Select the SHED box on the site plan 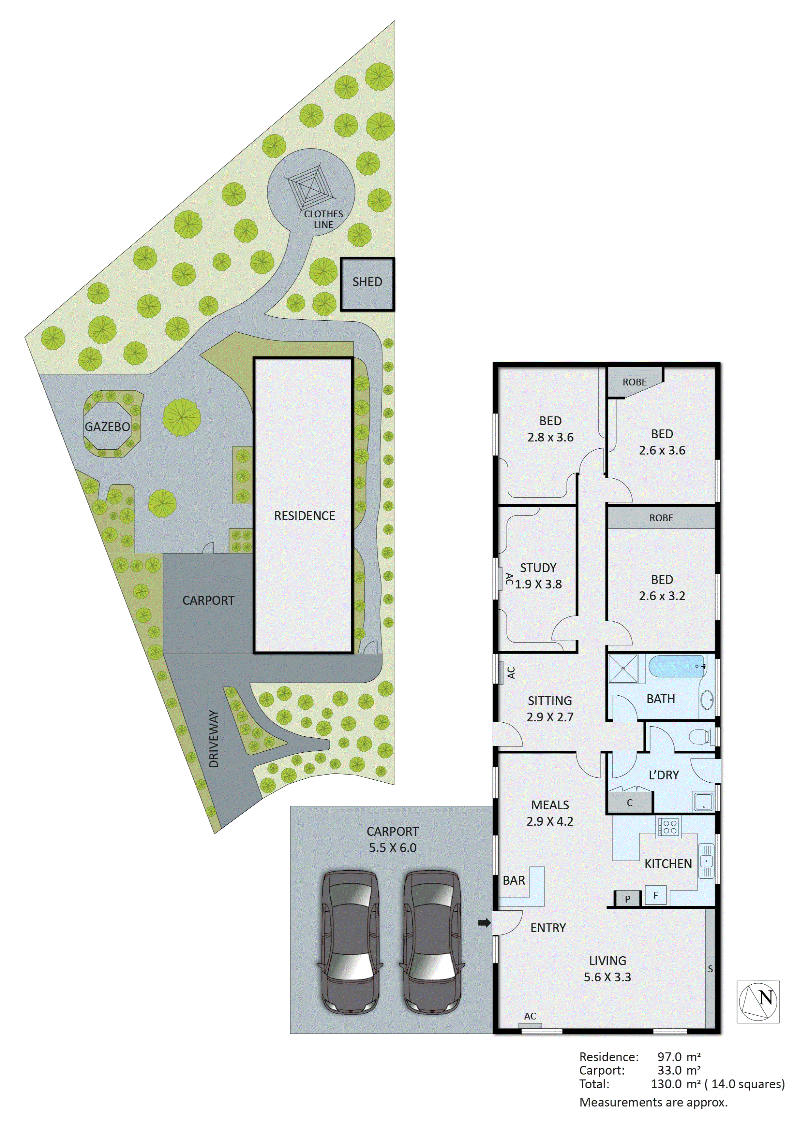(x=367, y=284)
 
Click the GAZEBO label (x=107, y=427)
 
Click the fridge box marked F (x=655, y=895)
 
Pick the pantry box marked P (x=627, y=899)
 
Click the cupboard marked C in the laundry (x=630, y=803)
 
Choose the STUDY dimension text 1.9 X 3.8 (x=538, y=585)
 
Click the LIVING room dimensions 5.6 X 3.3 (x=607, y=977)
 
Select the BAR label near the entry (x=514, y=880)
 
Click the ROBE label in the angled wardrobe (x=634, y=382)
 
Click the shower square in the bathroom (x=623, y=668)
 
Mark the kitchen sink (x=706, y=860)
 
